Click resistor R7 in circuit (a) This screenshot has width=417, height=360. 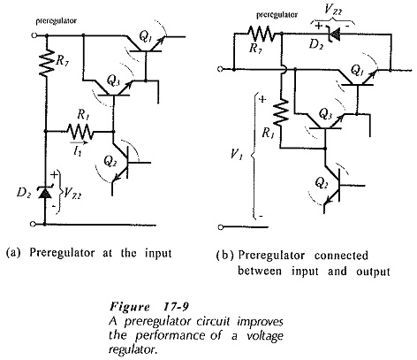[46, 65]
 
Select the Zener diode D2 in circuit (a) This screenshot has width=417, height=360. [44, 193]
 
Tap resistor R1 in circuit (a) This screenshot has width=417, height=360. [80, 131]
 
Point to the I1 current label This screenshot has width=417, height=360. [78, 152]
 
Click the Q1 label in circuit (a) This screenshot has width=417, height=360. [145, 37]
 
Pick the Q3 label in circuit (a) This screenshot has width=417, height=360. [113, 80]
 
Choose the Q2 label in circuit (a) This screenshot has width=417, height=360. [110, 162]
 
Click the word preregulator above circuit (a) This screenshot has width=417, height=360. [57, 21]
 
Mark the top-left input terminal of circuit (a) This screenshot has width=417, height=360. [34, 35]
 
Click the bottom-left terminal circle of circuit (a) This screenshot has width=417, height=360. [34, 224]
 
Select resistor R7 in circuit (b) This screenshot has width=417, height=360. [261, 33]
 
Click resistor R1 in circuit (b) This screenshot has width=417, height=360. [282, 112]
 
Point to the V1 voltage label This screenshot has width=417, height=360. [237, 154]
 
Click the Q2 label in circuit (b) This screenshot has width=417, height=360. [322, 183]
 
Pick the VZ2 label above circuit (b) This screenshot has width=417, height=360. [333, 10]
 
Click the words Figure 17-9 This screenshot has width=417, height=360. [148, 307]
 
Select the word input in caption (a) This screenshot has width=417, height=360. [158, 253]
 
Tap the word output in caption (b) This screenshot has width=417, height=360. [373, 272]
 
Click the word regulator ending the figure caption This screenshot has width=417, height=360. [132, 349]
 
